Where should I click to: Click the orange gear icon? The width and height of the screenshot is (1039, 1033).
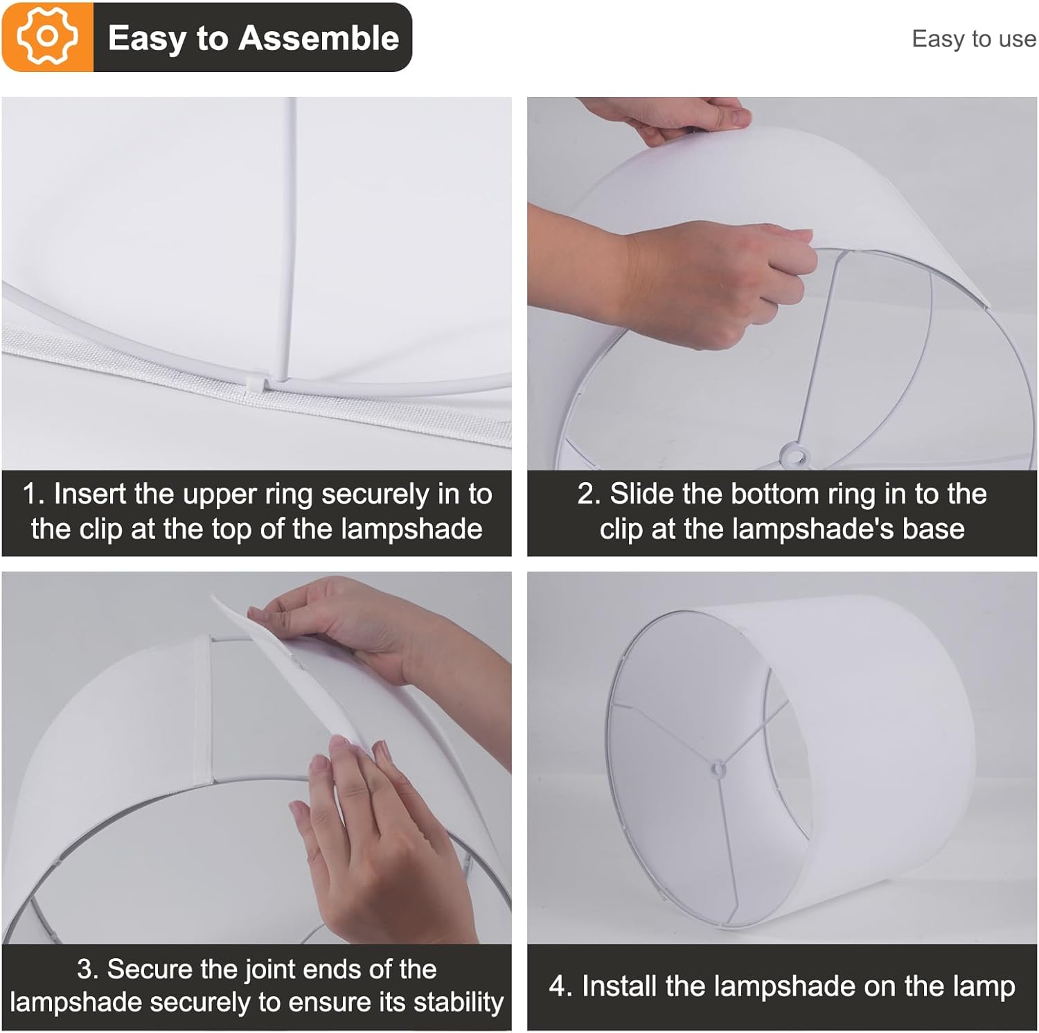click(x=47, y=37)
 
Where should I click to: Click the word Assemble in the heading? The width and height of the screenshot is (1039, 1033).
click(x=319, y=37)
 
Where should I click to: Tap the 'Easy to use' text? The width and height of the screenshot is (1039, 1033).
click(x=974, y=39)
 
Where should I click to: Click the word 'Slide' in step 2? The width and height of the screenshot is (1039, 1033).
click(x=638, y=494)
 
